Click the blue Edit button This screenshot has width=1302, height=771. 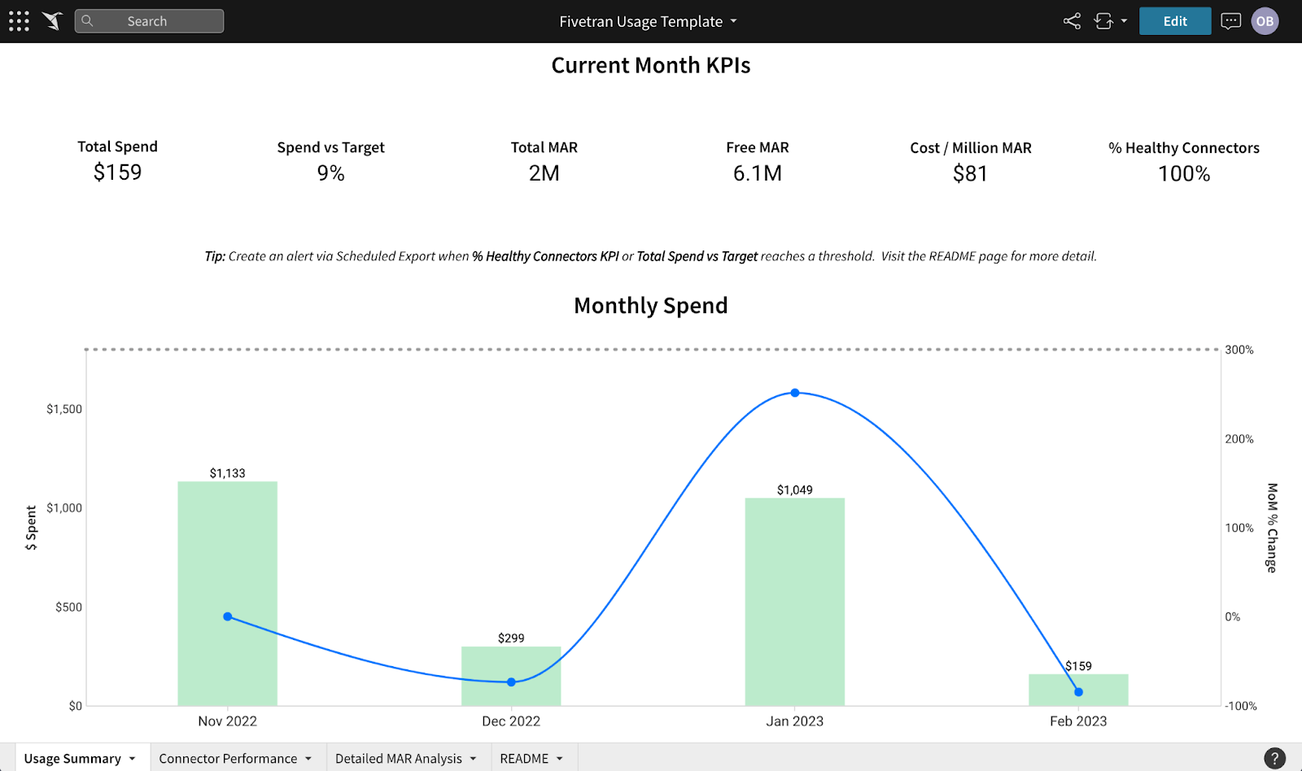coord(1174,21)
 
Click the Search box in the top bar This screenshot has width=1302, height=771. coord(149,21)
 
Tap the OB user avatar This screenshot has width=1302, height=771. coord(1265,21)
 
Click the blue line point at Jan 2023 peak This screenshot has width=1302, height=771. coord(795,393)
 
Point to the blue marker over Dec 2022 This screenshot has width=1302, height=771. coord(511,682)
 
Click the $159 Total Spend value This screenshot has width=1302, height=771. coord(117,172)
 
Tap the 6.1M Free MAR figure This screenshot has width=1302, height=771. coord(757,173)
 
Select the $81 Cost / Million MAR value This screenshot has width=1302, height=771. coord(970,173)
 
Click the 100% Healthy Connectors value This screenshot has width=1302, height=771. coord(1184,173)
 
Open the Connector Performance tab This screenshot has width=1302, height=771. coord(229,758)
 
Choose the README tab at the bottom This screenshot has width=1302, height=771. coord(525,758)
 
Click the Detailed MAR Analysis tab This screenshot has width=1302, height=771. coord(399,758)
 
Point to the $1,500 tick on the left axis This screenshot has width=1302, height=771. coord(63,409)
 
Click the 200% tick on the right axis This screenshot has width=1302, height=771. coord(1239,439)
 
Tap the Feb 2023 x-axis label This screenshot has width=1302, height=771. coord(1078,721)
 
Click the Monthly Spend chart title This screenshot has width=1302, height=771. coord(650,306)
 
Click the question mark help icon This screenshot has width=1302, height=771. coord(1274,758)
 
